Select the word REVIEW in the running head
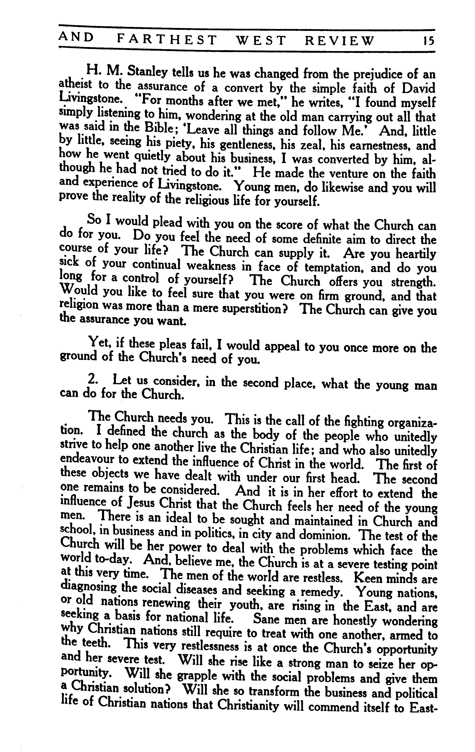tap(339, 40)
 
